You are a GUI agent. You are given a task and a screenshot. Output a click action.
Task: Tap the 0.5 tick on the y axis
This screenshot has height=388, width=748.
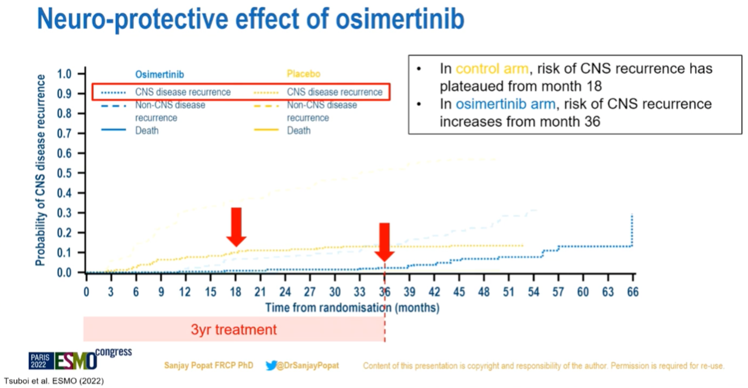65,174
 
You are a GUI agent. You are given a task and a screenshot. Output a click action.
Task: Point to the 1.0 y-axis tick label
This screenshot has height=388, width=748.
65,74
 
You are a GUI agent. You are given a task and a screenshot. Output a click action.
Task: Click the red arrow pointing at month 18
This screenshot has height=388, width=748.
236,227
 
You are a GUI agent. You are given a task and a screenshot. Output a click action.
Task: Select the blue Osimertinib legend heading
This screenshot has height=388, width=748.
155,74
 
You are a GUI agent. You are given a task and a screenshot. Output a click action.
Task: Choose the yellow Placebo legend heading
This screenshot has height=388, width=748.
303,74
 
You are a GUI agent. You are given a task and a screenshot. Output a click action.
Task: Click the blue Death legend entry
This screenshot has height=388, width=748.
146,130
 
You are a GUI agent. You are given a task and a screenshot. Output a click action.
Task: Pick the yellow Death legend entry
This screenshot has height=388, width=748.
299,130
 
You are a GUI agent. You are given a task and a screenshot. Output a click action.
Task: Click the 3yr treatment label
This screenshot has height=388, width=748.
234,330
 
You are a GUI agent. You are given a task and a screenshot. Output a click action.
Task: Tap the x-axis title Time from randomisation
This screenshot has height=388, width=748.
352,307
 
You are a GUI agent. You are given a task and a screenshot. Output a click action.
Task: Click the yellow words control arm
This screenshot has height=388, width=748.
491,68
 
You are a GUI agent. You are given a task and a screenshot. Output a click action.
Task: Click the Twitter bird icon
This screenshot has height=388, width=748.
271,365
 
